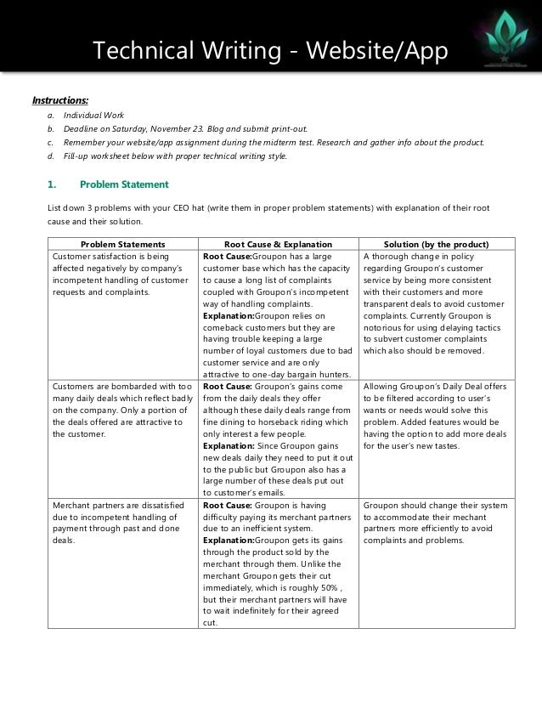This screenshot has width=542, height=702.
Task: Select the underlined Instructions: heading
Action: [60, 99]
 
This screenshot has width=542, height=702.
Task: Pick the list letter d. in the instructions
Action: [52, 156]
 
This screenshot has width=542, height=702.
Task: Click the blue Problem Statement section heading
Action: [124, 184]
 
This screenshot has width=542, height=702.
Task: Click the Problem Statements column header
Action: [122, 244]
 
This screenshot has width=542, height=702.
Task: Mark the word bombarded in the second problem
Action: [135, 387]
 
